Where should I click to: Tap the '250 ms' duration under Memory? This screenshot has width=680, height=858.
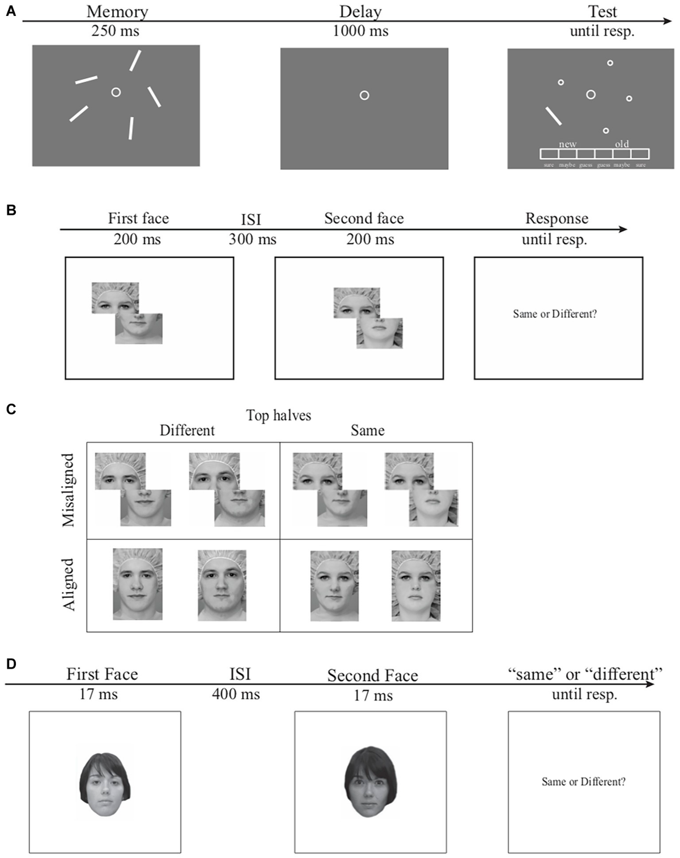coord(115,31)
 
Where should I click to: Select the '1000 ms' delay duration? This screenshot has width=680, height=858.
coord(360,31)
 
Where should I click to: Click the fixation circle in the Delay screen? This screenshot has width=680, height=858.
coord(364,95)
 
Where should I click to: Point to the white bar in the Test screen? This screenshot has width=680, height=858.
coord(554,116)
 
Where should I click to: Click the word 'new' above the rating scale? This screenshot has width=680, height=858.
coord(567,144)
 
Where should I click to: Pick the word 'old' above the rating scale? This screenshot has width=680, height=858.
coord(622,144)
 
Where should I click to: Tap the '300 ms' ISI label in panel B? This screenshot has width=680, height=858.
coord(252,239)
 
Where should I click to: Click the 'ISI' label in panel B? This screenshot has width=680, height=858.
coord(251,219)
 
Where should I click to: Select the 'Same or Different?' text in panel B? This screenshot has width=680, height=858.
coord(555,314)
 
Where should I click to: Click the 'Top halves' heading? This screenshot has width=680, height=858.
coord(278,415)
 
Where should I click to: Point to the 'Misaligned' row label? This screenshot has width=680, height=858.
coord(69,490)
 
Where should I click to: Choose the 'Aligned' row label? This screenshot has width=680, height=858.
coord(69,584)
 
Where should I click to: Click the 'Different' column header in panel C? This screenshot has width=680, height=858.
coord(187,431)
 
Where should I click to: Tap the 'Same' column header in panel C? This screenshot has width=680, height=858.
coord(367,431)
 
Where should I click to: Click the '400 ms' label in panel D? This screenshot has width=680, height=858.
coord(236,694)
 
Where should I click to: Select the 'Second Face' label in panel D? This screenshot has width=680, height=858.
coord(372,676)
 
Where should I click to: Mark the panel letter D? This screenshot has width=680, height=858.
coord(11,664)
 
